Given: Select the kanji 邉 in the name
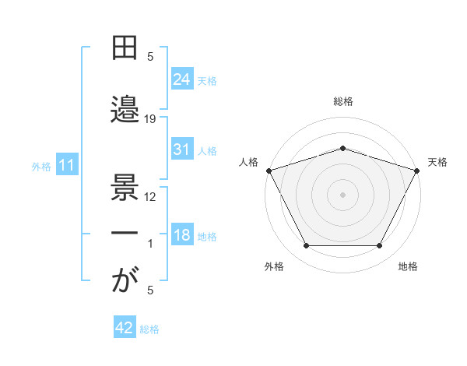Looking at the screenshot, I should pyautogui.click(x=125, y=109).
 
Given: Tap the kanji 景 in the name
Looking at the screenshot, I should pyautogui.click(x=125, y=186).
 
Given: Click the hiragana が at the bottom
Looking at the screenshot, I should pyautogui.click(x=125, y=281).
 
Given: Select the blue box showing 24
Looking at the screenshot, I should pyautogui.click(x=181, y=80).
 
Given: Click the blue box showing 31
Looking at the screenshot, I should pyautogui.click(x=181, y=150).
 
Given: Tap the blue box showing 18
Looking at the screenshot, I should pyautogui.click(x=181, y=236).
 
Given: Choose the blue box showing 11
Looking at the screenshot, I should pyautogui.click(x=66, y=165).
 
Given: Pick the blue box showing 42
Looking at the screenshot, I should pyautogui.click(x=125, y=329).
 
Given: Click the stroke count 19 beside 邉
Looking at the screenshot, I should pyautogui.click(x=150, y=119).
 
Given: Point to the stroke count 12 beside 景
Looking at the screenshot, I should pyautogui.click(x=150, y=196).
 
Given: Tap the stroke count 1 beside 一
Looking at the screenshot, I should pyautogui.click(x=150, y=244).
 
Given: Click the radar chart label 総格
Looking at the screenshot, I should pyautogui.click(x=343, y=101).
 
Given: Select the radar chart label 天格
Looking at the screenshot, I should pyautogui.click(x=437, y=162).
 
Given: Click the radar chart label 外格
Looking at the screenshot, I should pyautogui.click(x=274, y=266).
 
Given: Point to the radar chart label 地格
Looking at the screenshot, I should pyautogui.click(x=408, y=266).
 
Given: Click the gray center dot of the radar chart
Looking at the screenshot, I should pyautogui.click(x=343, y=194).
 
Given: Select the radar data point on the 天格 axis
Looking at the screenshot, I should pyautogui.click(x=418, y=170).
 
